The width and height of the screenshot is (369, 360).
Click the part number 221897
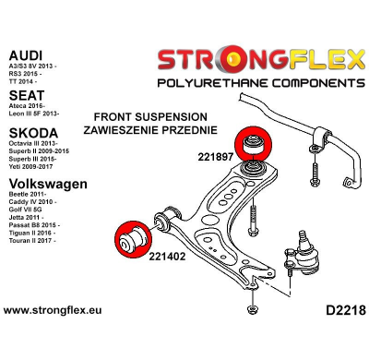pos(215,157)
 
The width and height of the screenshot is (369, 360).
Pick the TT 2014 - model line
pos(23,75)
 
